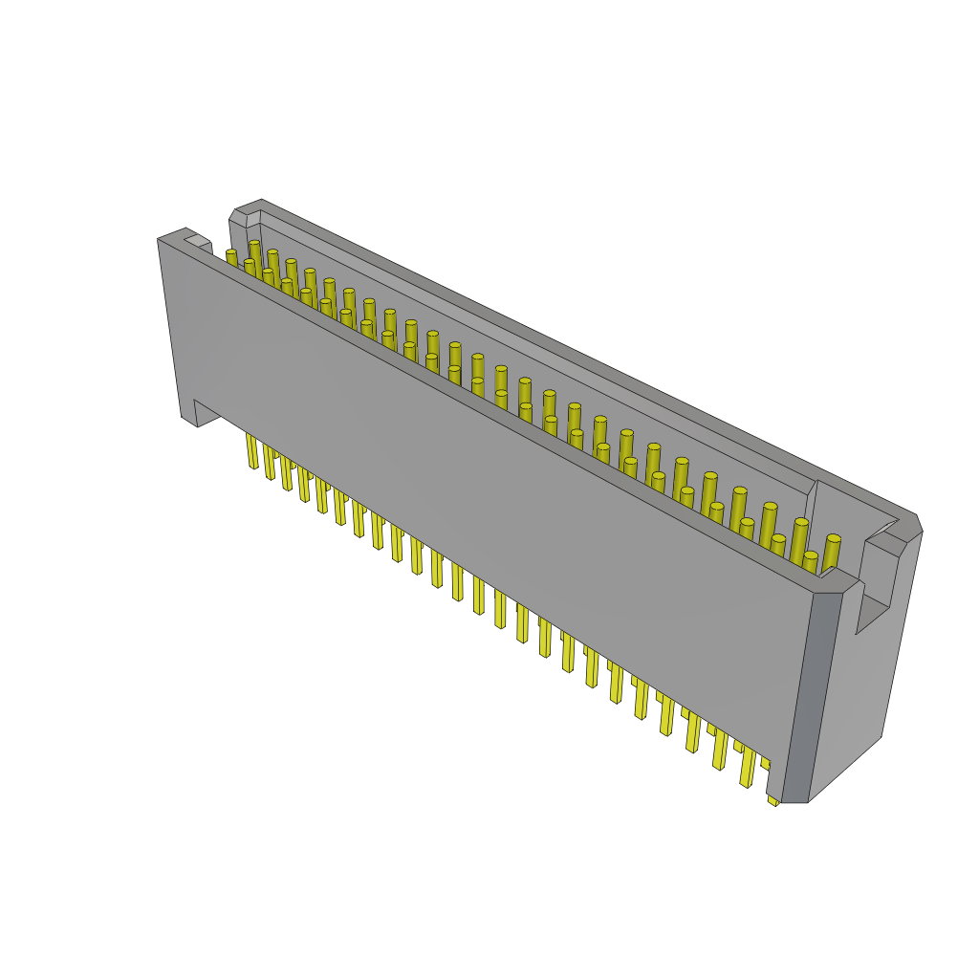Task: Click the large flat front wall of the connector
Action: [478, 497]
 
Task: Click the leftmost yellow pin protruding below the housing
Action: [251, 450]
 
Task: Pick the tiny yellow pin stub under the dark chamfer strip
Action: [772, 799]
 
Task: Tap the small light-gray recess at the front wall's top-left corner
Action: [196, 241]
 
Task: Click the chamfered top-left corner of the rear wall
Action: [238, 219]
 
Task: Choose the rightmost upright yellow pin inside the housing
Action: [832, 552]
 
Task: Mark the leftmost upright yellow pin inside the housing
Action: [231, 258]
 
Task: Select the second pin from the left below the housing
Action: [270, 463]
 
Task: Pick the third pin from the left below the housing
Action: [286, 473]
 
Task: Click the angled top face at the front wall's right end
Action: [839, 580]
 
